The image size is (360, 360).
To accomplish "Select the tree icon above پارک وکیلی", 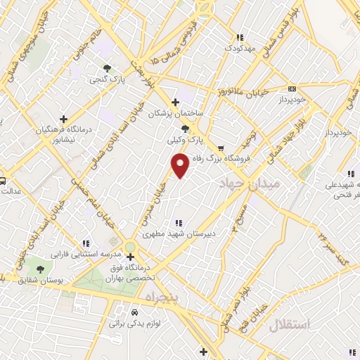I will tap(185, 129).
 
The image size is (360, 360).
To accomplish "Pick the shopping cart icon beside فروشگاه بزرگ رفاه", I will tap(221, 148).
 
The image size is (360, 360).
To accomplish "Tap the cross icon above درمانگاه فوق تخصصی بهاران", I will tap(130, 256).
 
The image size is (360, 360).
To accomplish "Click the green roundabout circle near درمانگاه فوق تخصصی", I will tap(130, 245).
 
